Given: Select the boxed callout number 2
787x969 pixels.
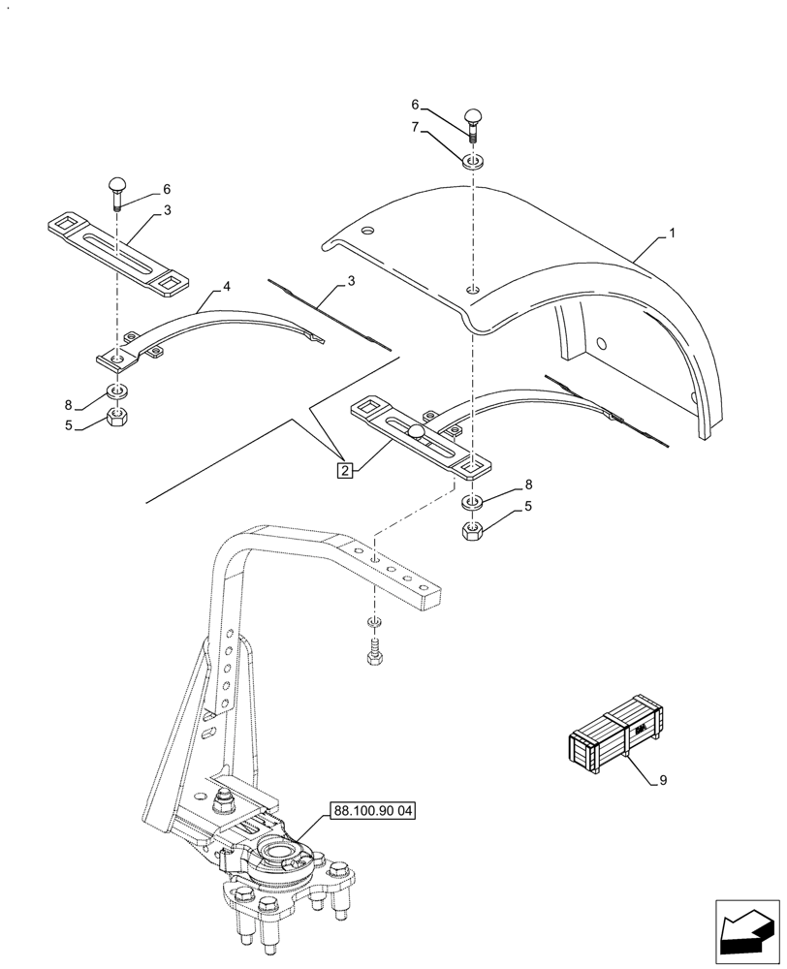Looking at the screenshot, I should click(x=344, y=471).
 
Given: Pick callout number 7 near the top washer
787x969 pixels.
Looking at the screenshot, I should click(x=415, y=126).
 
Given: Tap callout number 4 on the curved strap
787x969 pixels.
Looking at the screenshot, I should click(x=226, y=287).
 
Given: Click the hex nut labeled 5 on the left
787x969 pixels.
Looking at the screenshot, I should click(x=117, y=418).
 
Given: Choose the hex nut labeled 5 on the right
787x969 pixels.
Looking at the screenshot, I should click(x=472, y=530).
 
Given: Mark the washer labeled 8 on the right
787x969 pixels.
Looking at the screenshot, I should click(x=472, y=502).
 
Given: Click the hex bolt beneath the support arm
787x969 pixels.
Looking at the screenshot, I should click(x=375, y=656).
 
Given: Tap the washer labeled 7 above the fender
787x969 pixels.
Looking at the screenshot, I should click(x=472, y=161).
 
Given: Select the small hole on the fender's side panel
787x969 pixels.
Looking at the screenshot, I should click(x=602, y=342).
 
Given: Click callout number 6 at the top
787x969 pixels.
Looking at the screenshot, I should click(x=415, y=104).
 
